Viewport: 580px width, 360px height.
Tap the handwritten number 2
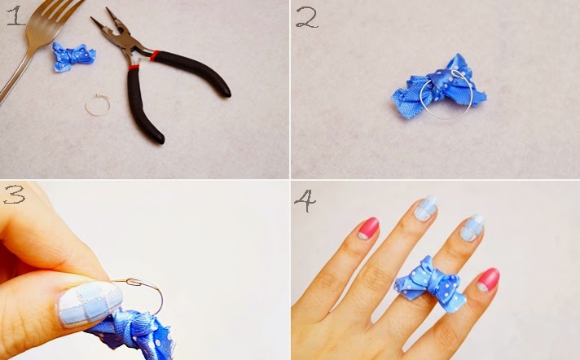tap(306, 18)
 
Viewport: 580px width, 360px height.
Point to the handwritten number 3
tap(14, 195)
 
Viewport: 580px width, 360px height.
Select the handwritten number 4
tap(305, 201)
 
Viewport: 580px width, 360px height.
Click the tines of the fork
tap(55, 14)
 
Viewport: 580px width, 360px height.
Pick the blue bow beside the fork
tap(74, 57)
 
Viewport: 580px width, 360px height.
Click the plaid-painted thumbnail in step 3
tap(90, 304)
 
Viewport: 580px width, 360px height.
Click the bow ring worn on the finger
tap(429, 284)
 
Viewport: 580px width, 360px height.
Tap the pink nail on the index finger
tap(368, 228)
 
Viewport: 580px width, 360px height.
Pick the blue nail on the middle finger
tap(426, 209)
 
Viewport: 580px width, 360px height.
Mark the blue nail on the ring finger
tap(472, 227)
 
